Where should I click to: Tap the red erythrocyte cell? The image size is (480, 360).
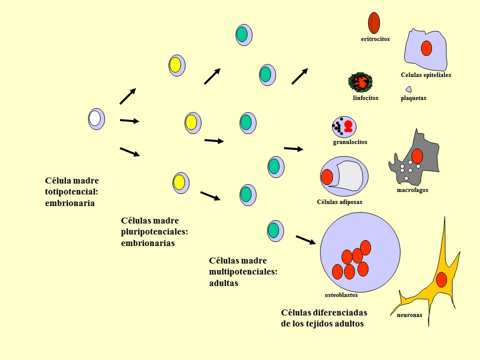click(x=374, y=23)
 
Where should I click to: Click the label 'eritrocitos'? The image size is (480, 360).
click(x=375, y=38)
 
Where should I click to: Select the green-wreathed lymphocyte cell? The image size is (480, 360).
click(x=360, y=82)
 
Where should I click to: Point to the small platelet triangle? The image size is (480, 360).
click(x=408, y=89)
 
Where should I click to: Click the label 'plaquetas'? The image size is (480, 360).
click(x=413, y=98)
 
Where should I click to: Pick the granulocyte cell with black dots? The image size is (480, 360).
click(x=344, y=126)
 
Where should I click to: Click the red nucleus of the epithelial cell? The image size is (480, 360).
click(x=426, y=48)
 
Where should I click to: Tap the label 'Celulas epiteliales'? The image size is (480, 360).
click(x=426, y=75)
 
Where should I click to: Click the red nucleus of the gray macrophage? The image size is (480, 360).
click(x=417, y=156)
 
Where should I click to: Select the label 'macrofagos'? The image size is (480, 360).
click(x=412, y=190)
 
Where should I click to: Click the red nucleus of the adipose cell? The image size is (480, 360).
click(x=327, y=177)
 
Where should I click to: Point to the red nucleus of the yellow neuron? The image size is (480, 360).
click(x=441, y=279)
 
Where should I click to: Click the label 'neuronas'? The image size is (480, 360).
click(x=409, y=315)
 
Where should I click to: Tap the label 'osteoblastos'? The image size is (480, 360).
click(x=341, y=295)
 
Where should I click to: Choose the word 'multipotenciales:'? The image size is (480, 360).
click(x=243, y=271)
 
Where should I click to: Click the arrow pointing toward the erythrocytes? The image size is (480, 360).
click(x=299, y=75)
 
